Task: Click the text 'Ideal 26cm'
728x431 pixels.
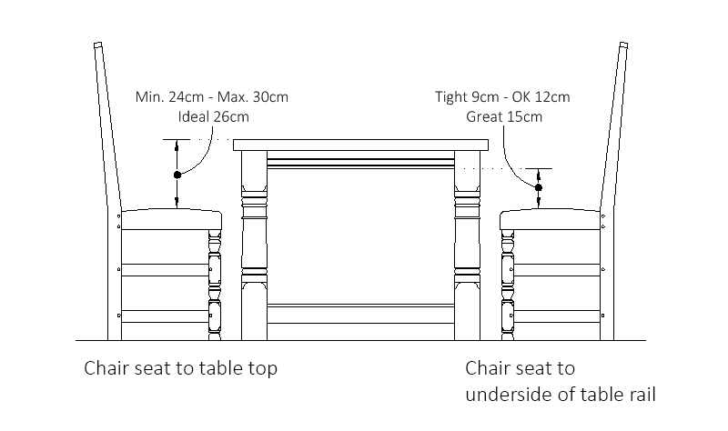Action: [x=212, y=116]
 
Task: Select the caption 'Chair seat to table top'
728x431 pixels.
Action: [x=180, y=368]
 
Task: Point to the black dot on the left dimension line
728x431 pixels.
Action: [x=177, y=174]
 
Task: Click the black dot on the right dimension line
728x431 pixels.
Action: [x=539, y=188]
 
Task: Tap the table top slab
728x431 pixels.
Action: [x=361, y=145]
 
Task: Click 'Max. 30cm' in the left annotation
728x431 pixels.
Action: [x=254, y=97]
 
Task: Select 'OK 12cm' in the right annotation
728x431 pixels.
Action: [x=543, y=97]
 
